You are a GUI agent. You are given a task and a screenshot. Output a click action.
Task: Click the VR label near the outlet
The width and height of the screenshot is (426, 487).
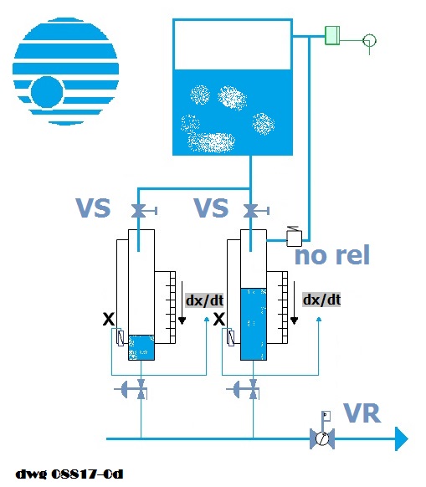click(x=362, y=413)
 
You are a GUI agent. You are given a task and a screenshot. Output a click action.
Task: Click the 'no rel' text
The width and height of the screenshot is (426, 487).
click(x=332, y=254)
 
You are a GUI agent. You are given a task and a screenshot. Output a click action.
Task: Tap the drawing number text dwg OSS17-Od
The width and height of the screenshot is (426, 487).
click(x=69, y=474)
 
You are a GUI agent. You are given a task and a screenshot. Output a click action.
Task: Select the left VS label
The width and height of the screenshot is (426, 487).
click(x=93, y=208)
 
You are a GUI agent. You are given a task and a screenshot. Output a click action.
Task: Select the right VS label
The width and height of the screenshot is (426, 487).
click(x=211, y=208)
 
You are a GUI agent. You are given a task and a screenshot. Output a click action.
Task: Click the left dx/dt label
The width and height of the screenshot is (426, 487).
click(x=204, y=300)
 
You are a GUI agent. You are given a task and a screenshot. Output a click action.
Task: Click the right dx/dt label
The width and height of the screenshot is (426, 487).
click(x=321, y=300)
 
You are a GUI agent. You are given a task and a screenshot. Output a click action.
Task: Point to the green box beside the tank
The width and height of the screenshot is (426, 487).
click(x=332, y=35)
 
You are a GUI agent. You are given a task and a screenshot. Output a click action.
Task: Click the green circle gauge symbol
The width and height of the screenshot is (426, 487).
click(x=369, y=40)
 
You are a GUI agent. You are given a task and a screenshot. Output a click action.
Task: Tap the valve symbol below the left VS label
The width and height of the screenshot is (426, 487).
click(x=139, y=211)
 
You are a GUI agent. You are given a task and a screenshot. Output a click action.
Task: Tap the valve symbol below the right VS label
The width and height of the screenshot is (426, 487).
click(x=250, y=211)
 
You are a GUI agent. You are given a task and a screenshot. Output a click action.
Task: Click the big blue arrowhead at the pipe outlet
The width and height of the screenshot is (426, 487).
click(x=401, y=438)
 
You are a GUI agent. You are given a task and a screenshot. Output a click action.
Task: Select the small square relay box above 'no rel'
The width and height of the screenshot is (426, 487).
click(x=294, y=238)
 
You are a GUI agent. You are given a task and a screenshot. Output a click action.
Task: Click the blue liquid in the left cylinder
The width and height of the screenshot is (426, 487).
click(x=141, y=347)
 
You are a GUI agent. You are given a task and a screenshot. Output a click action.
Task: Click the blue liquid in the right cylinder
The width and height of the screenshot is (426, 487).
click(x=254, y=324)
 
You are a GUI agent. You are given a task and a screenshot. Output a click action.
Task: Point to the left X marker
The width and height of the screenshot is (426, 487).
click(x=109, y=319)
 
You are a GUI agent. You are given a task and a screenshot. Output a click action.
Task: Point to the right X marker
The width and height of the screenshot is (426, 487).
click(x=219, y=319)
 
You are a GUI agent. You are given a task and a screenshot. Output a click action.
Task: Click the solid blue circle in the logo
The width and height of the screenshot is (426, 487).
click(x=47, y=92)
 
